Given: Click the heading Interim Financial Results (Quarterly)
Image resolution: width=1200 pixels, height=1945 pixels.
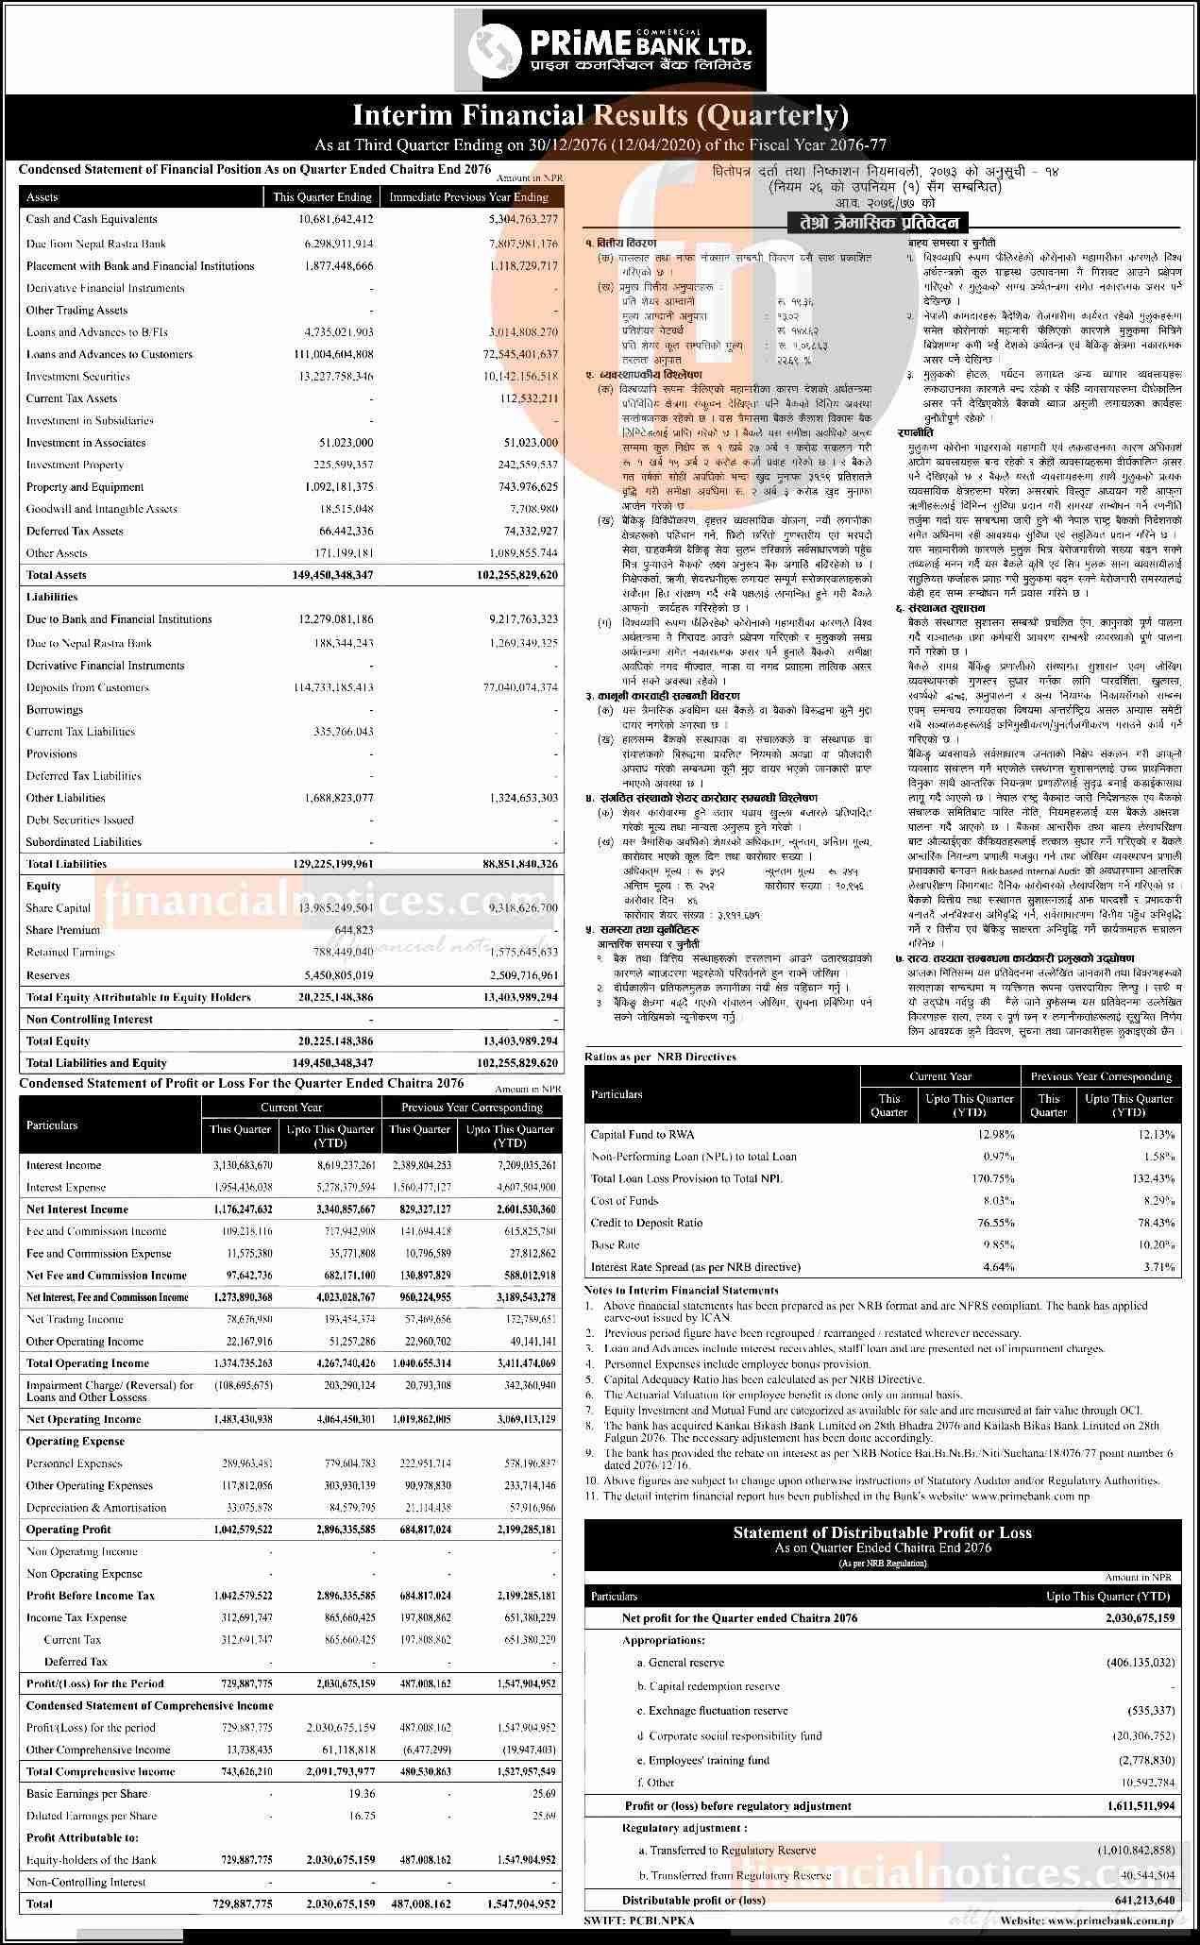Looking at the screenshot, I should (x=600, y=116).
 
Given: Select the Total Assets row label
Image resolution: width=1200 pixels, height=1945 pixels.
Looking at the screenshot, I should (x=56, y=575).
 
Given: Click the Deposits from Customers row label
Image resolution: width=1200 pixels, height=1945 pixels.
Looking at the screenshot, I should (x=88, y=687).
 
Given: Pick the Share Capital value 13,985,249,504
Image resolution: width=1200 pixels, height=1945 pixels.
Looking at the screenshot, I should (x=336, y=908).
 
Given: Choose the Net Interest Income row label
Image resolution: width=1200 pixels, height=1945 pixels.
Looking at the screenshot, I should (x=76, y=1209).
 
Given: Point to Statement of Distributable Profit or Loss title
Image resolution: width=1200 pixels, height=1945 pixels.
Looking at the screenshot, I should (x=882, y=1532).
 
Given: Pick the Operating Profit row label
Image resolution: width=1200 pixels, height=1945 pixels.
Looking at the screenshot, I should (x=68, y=1530).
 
